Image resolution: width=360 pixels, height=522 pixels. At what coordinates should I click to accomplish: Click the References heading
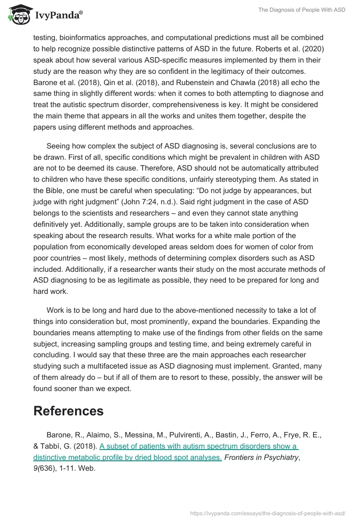(68, 411)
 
